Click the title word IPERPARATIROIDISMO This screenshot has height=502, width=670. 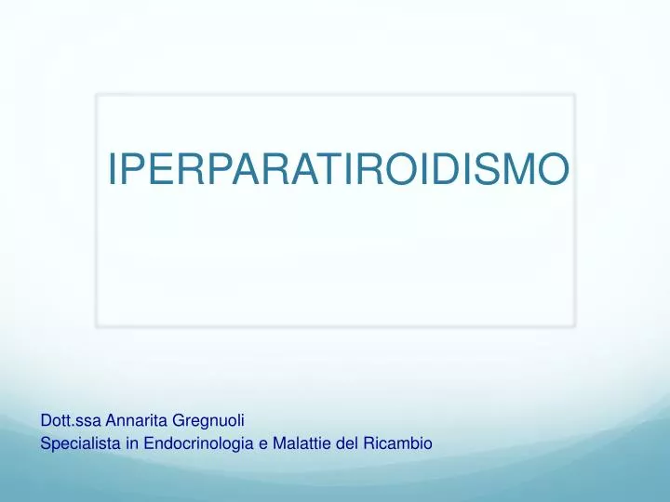[x=338, y=168]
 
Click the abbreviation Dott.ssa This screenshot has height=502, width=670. [x=66, y=421]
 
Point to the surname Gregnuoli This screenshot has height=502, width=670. [x=208, y=422]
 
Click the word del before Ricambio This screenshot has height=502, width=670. [x=346, y=444]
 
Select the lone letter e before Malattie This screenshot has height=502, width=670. [x=263, y=445]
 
